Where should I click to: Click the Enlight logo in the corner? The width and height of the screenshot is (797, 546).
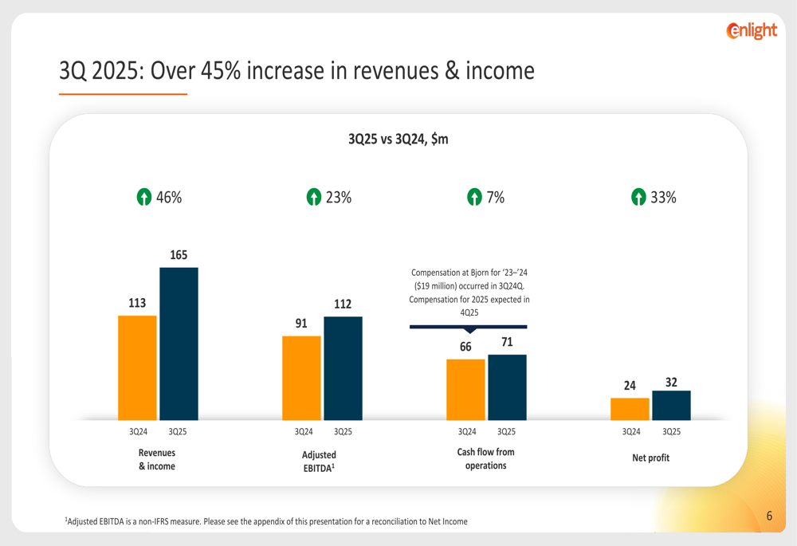752,31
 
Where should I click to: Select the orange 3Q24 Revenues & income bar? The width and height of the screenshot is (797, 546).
137,367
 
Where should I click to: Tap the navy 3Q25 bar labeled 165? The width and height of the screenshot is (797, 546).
179,344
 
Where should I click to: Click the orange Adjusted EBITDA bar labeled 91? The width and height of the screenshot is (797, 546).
302,378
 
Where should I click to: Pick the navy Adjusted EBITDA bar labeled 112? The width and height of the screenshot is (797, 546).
343,368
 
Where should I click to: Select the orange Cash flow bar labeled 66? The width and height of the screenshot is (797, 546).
465,389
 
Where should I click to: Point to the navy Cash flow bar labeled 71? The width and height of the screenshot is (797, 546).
507,387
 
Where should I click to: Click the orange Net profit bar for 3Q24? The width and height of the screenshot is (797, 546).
630,409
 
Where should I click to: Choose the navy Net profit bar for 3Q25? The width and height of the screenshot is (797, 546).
671,405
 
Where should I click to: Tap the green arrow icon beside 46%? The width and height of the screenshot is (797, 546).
143,198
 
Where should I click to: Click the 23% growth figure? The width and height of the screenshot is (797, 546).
339,198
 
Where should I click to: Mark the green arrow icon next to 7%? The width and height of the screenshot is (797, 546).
474,198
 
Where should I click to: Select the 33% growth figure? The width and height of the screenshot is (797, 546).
663,198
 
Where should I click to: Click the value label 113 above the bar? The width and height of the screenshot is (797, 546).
137,303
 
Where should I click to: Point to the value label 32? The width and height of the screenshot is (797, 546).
671,382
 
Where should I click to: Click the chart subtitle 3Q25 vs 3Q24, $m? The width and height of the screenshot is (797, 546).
398,139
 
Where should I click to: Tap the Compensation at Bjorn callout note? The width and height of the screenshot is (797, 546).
469,293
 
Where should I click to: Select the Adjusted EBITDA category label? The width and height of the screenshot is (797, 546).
319,461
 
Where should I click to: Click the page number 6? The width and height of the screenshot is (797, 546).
769,516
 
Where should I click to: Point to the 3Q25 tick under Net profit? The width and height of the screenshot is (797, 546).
671,432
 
